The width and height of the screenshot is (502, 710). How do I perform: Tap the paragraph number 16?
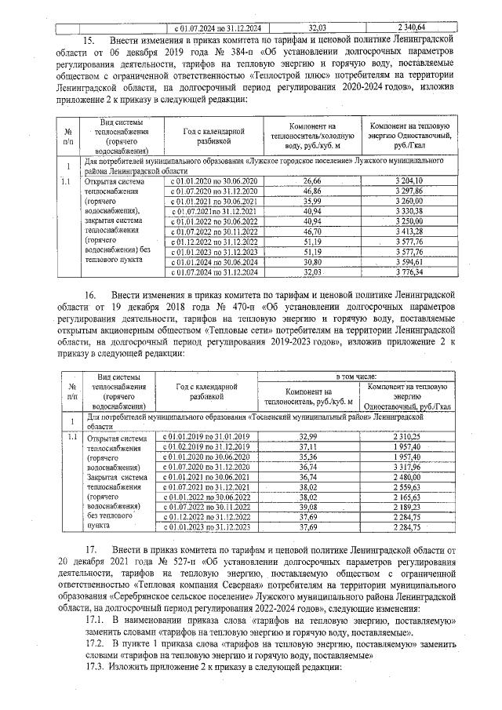point(89,295)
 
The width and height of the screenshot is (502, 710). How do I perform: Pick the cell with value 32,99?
point(309,436)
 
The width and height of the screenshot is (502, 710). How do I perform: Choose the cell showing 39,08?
point(309,508)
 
